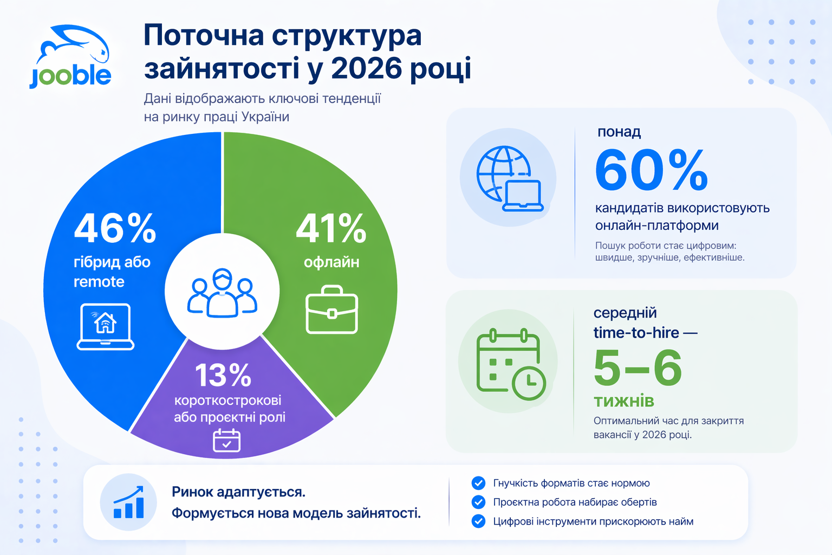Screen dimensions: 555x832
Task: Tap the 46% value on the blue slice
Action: coord(115,228)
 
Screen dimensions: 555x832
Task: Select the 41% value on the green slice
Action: coord(331,228)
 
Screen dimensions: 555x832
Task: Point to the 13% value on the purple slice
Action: coord(223,375)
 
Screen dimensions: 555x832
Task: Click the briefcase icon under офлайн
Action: coord(331,310)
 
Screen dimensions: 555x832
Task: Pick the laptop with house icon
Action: coord(106,326)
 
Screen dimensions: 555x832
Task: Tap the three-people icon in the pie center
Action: coord(222,292)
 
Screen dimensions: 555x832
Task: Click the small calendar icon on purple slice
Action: coord(226,440)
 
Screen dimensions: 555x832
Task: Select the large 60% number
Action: coord(651,171)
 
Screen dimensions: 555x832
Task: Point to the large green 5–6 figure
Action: coord(638,368)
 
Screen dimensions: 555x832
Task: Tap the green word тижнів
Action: coord(624,401)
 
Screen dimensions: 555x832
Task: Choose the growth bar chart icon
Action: coord(128,502)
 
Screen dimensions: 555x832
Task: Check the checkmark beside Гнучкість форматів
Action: coord(478,483)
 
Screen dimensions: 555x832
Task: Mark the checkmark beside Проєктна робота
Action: coord(478,502)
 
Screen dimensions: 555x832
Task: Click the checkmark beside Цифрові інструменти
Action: coord(478,521)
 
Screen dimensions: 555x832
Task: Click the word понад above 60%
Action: coord(619,132)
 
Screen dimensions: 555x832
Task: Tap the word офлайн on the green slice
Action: coord(331,262)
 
